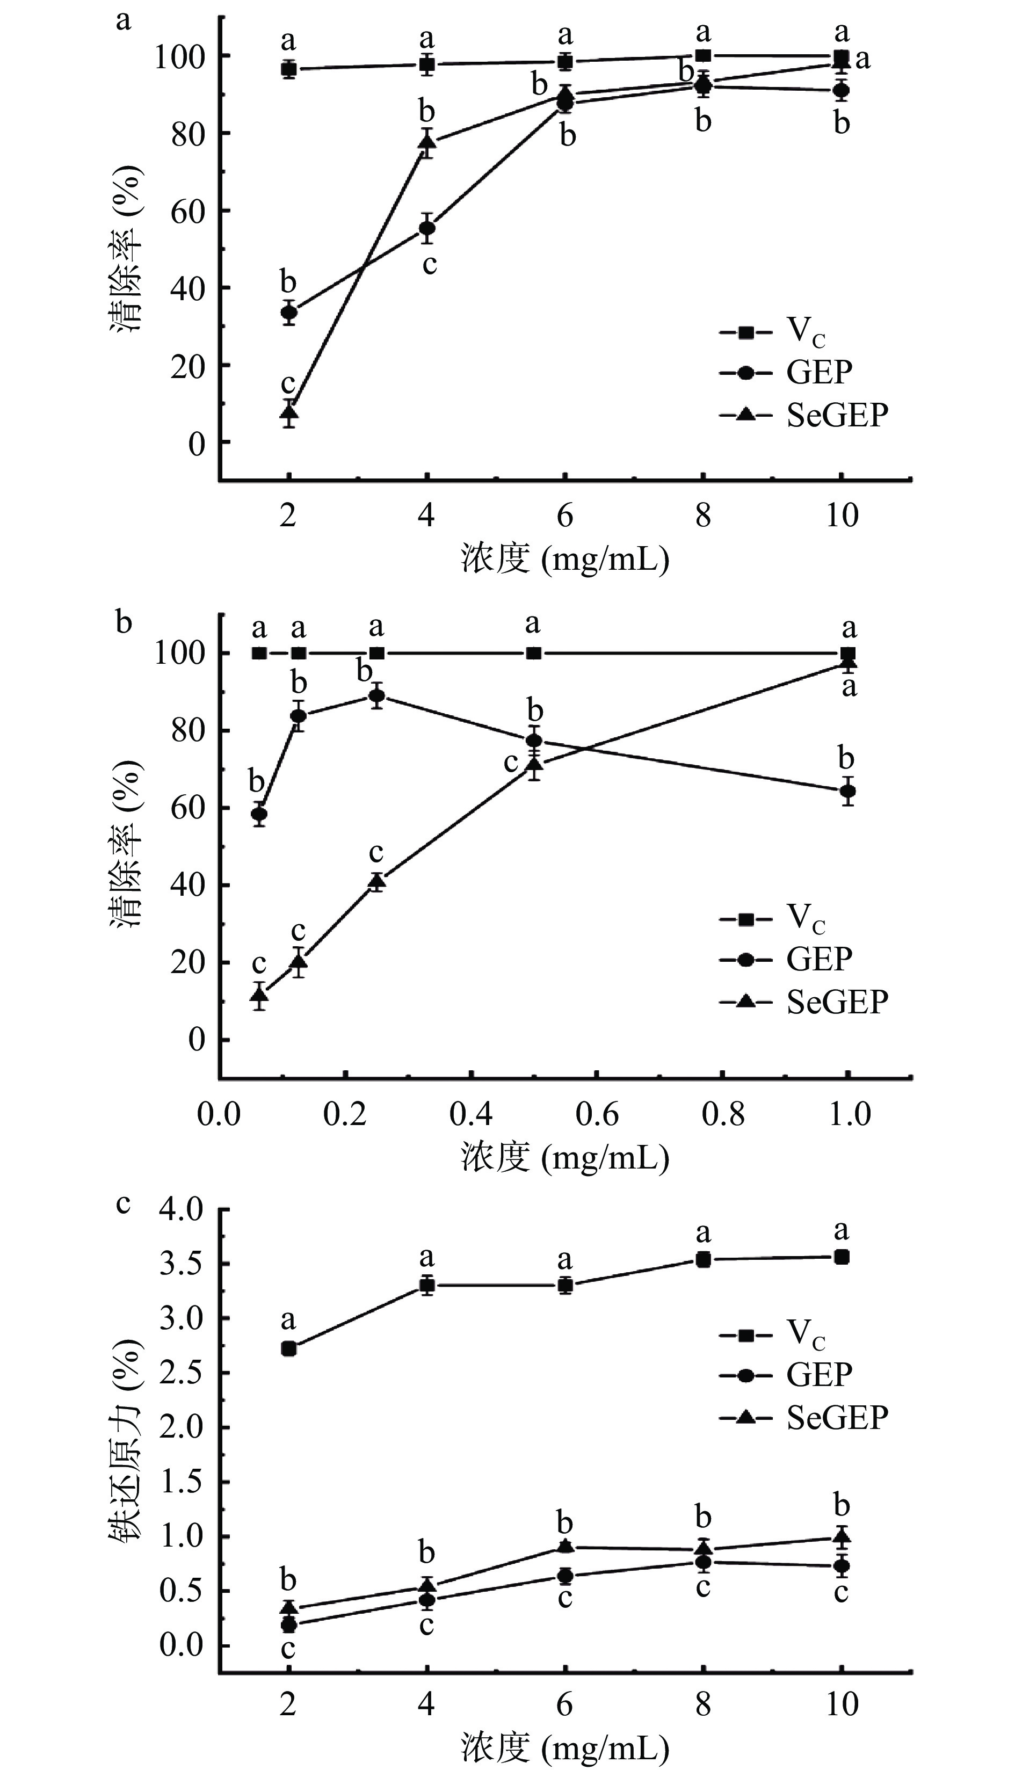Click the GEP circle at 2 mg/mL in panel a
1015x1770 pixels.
click(288, 312)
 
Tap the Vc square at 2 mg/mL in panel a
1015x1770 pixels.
click(288, 69)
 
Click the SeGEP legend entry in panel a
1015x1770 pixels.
click(804, 415)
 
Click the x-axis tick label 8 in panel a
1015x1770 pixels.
click(702, 516)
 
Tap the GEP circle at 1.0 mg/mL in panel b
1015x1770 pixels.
click(847, 791)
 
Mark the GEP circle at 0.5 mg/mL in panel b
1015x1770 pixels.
click(534, 741)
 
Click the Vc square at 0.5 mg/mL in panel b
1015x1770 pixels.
click(534, 653)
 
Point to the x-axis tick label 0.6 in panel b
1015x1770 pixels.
click(597, 1114)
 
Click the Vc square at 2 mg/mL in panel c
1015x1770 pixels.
click(288, 1349)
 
